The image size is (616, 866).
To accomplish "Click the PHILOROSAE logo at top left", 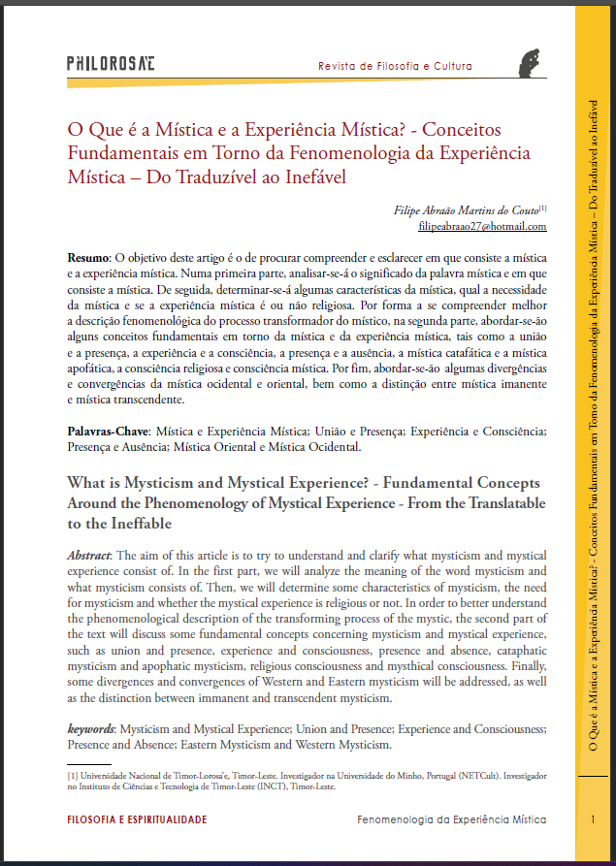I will click(x=111, y=64).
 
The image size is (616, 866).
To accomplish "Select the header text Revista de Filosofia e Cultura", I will click(x=395, y=67).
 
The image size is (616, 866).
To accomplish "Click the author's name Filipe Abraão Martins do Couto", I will click(x=465, y=209).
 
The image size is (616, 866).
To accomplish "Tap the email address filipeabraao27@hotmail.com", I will click(x=481, y=226).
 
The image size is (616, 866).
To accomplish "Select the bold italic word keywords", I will click(x=91, y=728).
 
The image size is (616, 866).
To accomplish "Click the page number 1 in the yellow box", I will click(x=593, y=820).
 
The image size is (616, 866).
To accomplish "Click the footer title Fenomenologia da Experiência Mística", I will click(x=451, y=820).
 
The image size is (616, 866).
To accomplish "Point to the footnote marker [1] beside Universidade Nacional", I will click(x=73, y=777).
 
